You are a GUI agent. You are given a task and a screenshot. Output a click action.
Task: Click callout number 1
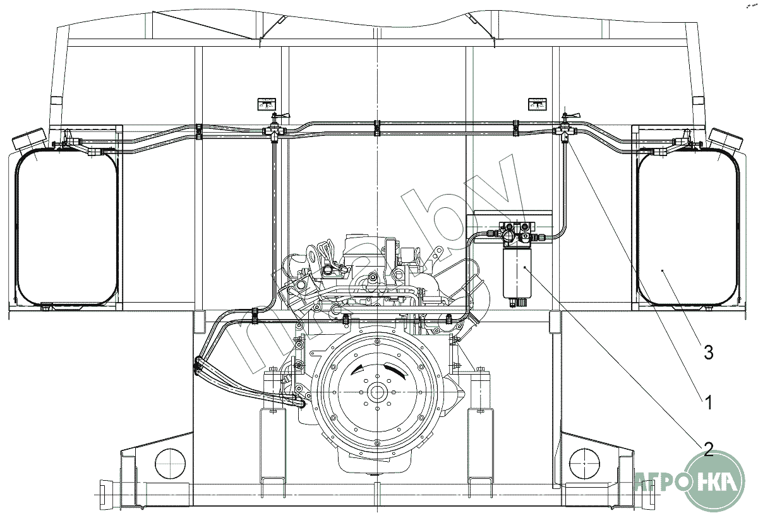[x=708, y=402]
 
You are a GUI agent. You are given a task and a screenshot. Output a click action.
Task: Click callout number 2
[x=708, y=449]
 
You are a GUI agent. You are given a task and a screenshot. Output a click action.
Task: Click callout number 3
[x=708, y=353]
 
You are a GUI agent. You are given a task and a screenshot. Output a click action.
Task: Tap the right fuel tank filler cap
[x=726, y=139]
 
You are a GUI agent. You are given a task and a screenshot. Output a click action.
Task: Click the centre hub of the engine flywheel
[x=376, y=392]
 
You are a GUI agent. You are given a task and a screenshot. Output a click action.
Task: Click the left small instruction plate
[x=267, y=104]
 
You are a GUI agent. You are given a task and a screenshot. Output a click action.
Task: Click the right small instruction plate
[x=538, y=104]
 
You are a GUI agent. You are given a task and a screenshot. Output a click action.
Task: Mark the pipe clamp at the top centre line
[x=377, y=128]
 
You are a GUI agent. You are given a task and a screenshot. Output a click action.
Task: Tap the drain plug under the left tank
[x=45, y=308]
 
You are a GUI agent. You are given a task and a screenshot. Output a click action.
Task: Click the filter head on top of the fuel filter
[x=517, y=234]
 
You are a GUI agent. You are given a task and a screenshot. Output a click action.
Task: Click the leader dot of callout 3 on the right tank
[x=663, y=270]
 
